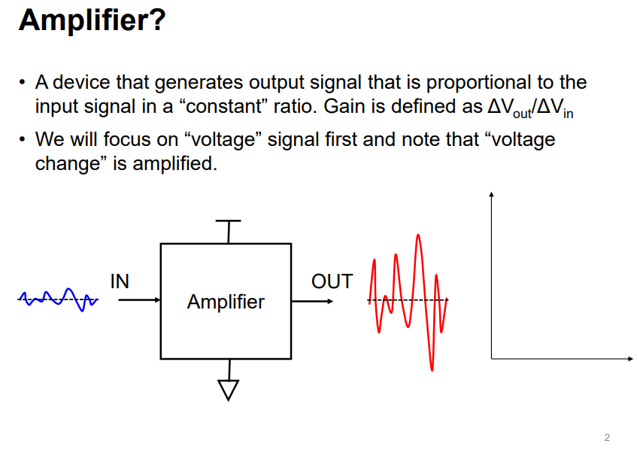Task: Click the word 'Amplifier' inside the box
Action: [x=226, y=302]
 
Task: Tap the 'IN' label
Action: [x=120, y=281]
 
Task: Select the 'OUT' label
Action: [x=332, y=281]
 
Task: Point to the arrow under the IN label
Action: [x=139, y=300]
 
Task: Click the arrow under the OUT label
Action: [x=312, y=301]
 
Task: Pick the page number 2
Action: [x=607, y=437]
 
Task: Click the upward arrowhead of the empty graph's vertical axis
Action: [x=491, y=196]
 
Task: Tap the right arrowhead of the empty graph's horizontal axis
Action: [x=629, y=359]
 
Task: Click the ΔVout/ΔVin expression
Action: [x=530, y=108]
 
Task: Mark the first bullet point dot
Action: [x=23, y=82]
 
